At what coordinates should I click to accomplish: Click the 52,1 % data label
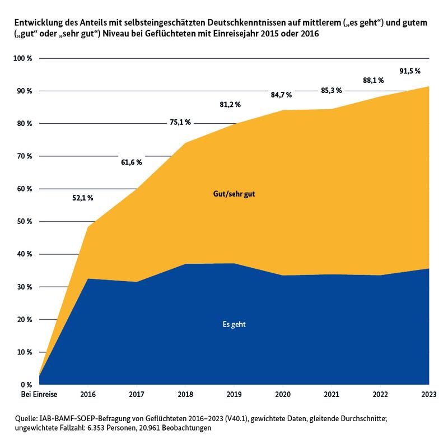(82, 197)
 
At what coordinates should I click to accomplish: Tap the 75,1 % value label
(180, 122)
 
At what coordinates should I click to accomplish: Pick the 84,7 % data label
(281, 95)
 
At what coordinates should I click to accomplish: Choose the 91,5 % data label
(409, 71)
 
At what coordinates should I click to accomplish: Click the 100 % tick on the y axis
(27, 59)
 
